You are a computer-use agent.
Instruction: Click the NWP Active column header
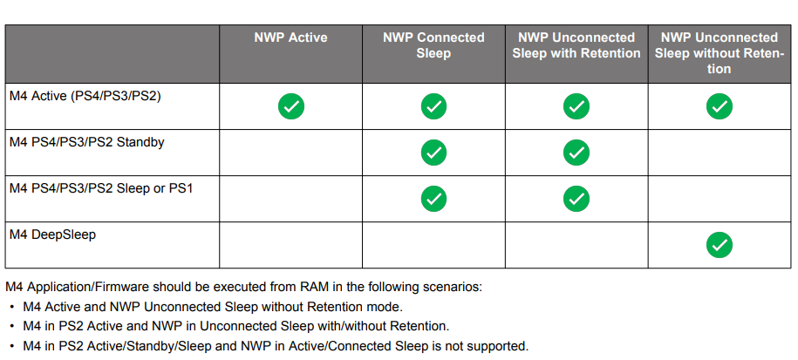(x=290, y=37)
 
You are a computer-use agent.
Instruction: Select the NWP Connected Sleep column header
(x=433, y=45)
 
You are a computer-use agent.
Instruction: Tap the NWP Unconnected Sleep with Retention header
(x=576, y=45)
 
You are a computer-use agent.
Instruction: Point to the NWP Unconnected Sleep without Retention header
(x=719, y=52)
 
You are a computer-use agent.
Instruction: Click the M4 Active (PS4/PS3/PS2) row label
(x=85, y=96)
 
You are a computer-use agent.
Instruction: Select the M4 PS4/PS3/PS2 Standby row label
(x=86, y=141)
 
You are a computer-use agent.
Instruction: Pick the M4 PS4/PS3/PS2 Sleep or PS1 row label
(x=100, y=187)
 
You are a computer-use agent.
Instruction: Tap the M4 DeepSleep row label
(x=51, y=234)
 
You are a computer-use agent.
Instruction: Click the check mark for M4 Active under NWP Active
(x=290, y=106)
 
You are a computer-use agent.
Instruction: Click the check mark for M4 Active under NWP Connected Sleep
(x=433, y=106)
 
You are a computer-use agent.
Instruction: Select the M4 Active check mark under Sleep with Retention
(x=576, y=106)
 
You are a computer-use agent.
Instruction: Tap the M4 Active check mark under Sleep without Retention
(x=719, y=106)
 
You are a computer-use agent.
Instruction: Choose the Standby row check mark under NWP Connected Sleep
(x=433, y=153)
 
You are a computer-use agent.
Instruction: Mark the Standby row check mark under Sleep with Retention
(x=576, y=153)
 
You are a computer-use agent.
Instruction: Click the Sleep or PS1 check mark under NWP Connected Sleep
(x=433, y=199)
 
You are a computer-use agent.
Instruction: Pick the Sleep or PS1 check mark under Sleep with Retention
(x=576, y=199)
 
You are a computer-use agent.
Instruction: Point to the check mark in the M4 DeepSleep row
(x=719, y=245)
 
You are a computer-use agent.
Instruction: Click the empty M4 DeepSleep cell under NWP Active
(x=290, y=245)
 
